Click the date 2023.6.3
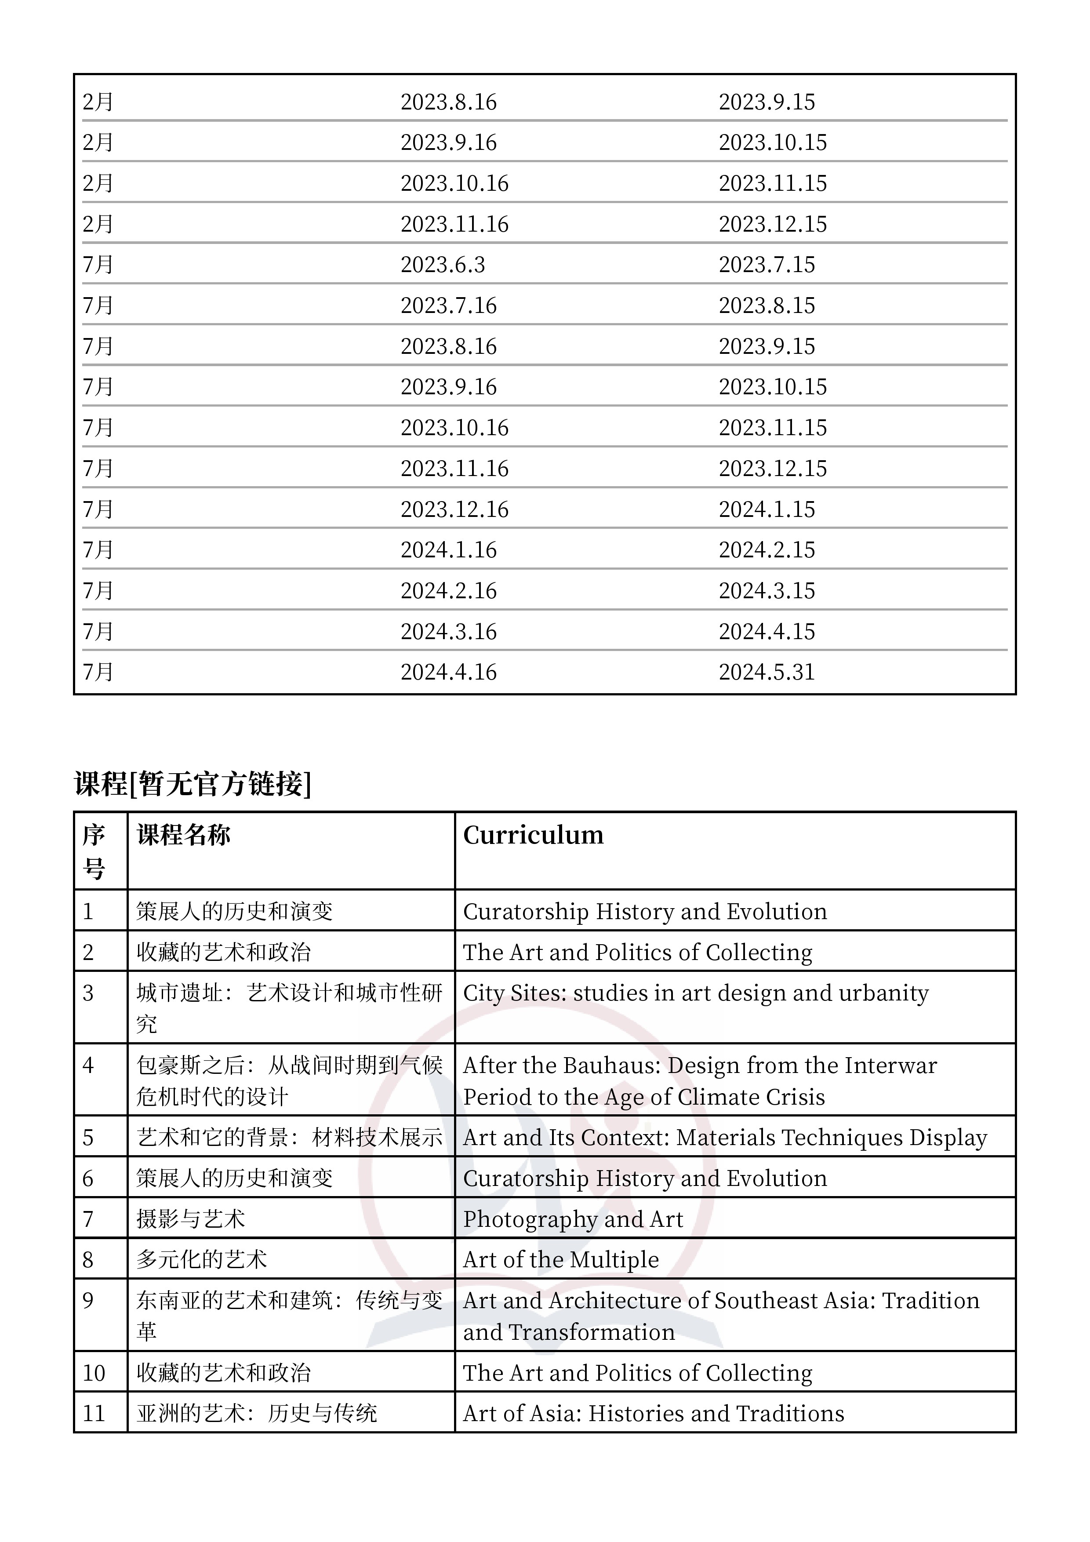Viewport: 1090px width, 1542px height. click(443, 265)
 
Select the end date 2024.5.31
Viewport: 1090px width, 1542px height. click(766, 672)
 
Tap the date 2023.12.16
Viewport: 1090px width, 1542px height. click(454, 509)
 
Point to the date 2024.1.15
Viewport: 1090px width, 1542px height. click(766, 509)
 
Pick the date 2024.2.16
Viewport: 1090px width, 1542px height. click(449, 590)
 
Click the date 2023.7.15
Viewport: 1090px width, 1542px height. click(766, 265)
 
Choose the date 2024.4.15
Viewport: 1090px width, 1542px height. click(766, 631)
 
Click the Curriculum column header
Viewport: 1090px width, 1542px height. click(533, 835)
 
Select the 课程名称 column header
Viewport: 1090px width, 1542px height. click(183, 835)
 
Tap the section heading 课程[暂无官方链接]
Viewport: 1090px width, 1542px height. click(193, 784)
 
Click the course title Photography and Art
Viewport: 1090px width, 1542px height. click(573, 1219)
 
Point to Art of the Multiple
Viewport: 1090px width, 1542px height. click(561, 1259)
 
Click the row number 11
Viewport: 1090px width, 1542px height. click(94, 1414)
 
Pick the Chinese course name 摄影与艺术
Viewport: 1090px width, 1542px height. click(191, 1219)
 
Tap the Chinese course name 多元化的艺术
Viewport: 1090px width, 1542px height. click(201, 1259)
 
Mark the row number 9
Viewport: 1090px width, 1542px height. click(88, 1300)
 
